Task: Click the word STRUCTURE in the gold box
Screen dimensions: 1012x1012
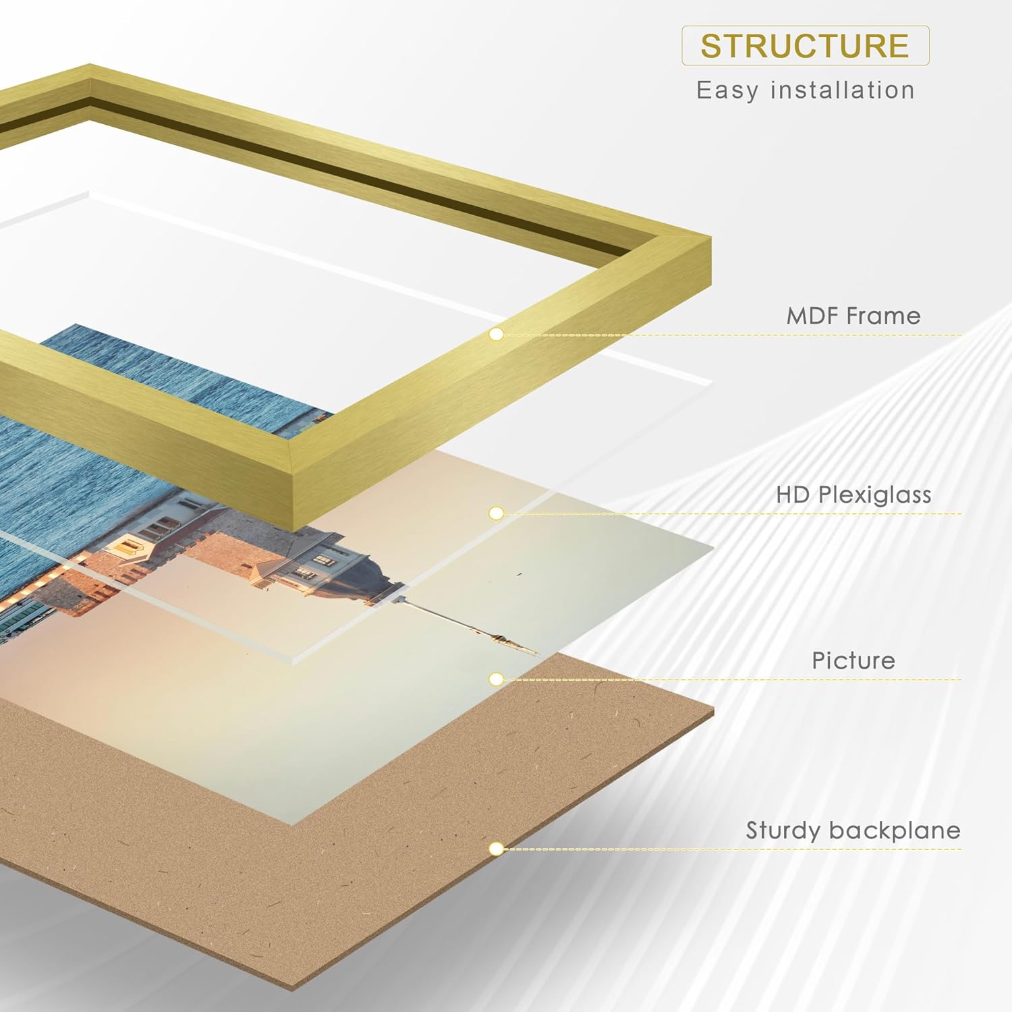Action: coord(805,46)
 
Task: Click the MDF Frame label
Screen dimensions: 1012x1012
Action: coord(853,316)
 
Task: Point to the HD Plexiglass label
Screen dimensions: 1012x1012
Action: coord(853,495)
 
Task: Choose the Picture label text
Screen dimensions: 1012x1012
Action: coord(853,660)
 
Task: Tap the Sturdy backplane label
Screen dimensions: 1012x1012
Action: coord(853,830)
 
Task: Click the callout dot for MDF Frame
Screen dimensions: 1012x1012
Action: coord(497,334)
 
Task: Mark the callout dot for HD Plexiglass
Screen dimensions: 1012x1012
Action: coord(497,513)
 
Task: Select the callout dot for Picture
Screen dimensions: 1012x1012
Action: coord(497,679)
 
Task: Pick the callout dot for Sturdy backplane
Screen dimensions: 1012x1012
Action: coord(497,848)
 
